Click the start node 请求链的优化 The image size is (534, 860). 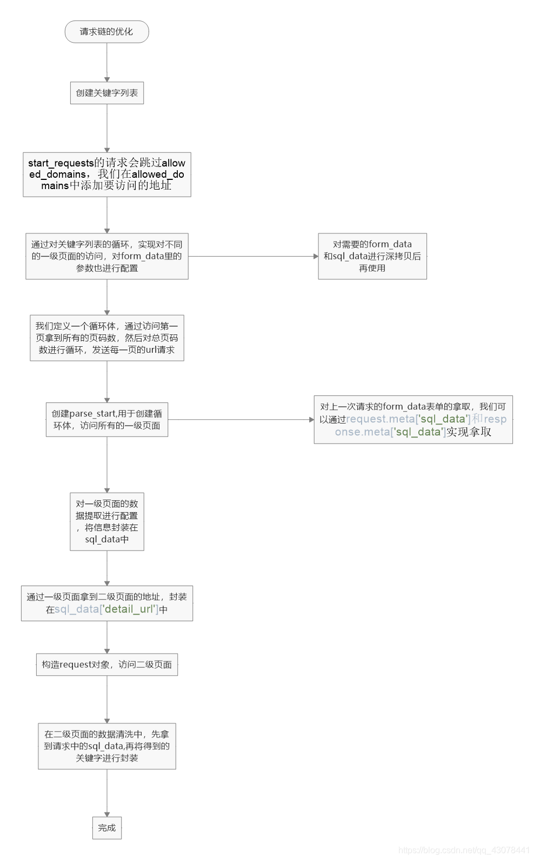[x=106, y=32]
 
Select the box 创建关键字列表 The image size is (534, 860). [x=106, y=93]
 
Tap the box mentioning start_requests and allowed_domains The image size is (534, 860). [x=106, y=174]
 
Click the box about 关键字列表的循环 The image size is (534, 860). [x=106, y=256]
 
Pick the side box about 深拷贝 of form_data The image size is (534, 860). [x=372, y=256]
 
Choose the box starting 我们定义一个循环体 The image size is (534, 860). [x=106, y=338]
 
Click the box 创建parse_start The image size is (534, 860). [x=106, y=420]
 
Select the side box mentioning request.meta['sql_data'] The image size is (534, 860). [x=413, y=420]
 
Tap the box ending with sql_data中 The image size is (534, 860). [x=106, y=521]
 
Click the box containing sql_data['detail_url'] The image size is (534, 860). [x=106, y=603]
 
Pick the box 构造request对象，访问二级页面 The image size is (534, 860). [x=106, y=664]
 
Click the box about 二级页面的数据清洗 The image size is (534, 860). [x=106, y=746]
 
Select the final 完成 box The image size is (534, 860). [x=106, y=828]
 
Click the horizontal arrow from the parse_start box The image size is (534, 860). [x=241, y=420]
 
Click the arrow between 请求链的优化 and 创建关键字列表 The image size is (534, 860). [x=106, y=62]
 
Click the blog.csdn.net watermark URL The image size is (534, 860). [x=464, y=850]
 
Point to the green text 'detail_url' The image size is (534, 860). [x=130, y=609]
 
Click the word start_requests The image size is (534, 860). [x=61, y=163]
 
